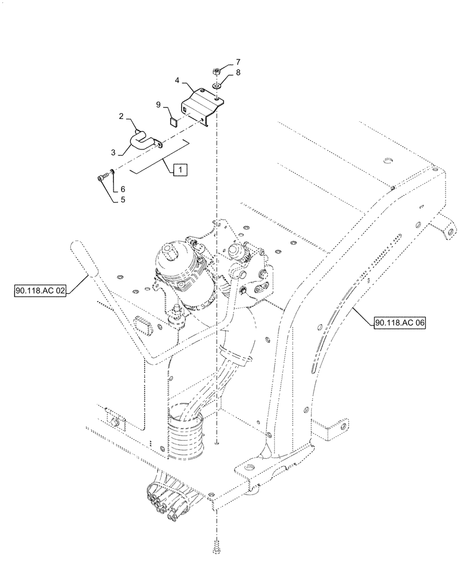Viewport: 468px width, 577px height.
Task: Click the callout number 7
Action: pyautogui.click(x=237, y=61)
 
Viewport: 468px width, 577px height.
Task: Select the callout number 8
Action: pyautogui.click(x=237, y=73)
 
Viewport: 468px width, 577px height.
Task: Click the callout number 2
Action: pyautogui.click(x=122, y=116)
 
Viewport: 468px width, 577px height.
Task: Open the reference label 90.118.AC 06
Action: pyautogui.click(x=399, y=324)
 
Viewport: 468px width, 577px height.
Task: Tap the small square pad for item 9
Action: pyautogui.click(x=172, y=122)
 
